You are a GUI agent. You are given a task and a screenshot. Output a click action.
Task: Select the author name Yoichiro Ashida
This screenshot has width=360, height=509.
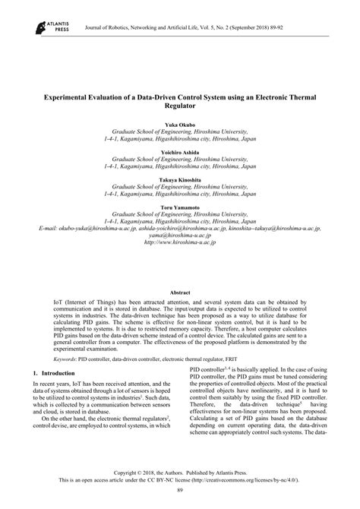(180, 151)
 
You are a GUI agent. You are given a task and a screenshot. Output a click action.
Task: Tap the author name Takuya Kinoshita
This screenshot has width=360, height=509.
(180, 179)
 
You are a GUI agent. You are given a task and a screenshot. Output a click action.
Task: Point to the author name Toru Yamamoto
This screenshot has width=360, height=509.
(180, 207)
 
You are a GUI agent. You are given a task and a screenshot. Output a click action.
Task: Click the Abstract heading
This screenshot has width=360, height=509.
(180, 292)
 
